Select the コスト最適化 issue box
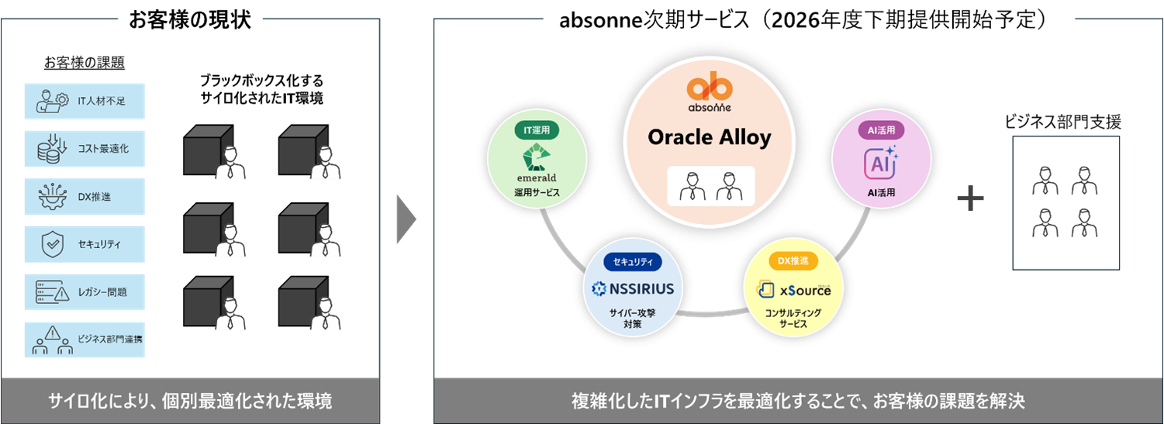pos(85,149)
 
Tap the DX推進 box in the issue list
pos(85,196)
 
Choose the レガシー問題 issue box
pos(85,292)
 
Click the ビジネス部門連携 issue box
pos(85,340)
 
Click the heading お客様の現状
pos(190,19)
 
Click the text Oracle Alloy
pos(709,138)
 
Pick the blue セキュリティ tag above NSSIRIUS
pos(633,262)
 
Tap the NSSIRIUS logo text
pos(633,290)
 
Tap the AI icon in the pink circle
pos(879,163)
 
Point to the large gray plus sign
pos(970,199)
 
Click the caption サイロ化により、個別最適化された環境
pos(190,401)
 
